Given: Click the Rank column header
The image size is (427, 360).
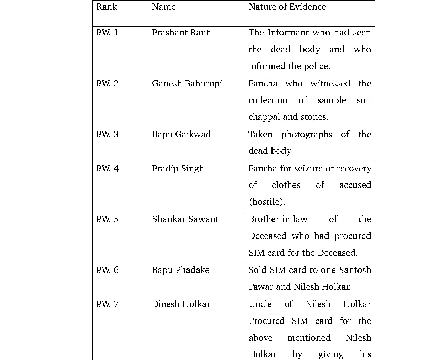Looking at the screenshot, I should (106, 7).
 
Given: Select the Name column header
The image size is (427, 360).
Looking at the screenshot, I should (164, 7).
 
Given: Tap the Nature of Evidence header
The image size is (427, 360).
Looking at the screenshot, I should (287, 7).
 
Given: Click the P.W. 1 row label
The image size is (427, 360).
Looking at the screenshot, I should (107, 33).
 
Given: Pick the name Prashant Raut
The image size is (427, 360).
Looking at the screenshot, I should (181, 33).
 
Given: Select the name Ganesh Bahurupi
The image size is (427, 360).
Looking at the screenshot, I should (187, 84).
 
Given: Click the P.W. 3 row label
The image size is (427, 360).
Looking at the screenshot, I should (107, 135).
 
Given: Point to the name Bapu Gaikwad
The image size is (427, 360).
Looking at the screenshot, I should (181, 135).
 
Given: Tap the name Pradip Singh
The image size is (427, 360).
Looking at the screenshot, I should (178, 169).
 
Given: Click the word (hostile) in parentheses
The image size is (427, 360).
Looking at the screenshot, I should (267, 202).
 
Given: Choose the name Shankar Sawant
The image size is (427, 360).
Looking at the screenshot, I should (185, 219).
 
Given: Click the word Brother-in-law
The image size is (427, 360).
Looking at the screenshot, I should (278, 219).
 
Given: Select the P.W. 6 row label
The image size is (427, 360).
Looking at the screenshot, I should (107, 270).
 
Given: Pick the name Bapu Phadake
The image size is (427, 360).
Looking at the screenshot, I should (181, 270).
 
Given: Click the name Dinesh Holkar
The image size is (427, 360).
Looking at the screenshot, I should (181, 304).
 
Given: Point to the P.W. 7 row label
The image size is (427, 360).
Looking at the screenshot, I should (107, 304).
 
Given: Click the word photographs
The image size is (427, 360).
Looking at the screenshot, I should (307, 135).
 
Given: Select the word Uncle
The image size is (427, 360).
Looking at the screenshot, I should (260, 304).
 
